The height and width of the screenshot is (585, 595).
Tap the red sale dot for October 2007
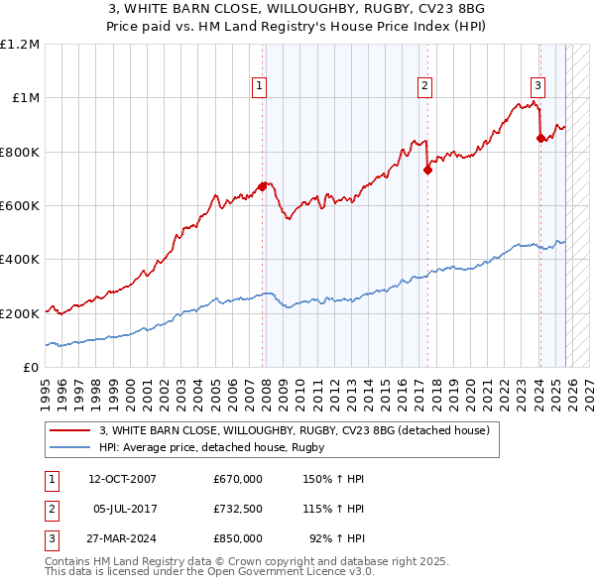(263, 186)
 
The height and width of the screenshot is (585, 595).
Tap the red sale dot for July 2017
(427, 170)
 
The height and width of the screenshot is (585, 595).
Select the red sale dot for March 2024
(540, 139)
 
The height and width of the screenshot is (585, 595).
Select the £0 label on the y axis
(32, 368)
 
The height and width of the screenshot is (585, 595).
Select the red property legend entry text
(295, 431)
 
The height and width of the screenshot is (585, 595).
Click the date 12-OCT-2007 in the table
(122, 479)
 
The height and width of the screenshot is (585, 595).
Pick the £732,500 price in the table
(238, 509)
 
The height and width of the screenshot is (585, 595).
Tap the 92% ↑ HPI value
(336, 538)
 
